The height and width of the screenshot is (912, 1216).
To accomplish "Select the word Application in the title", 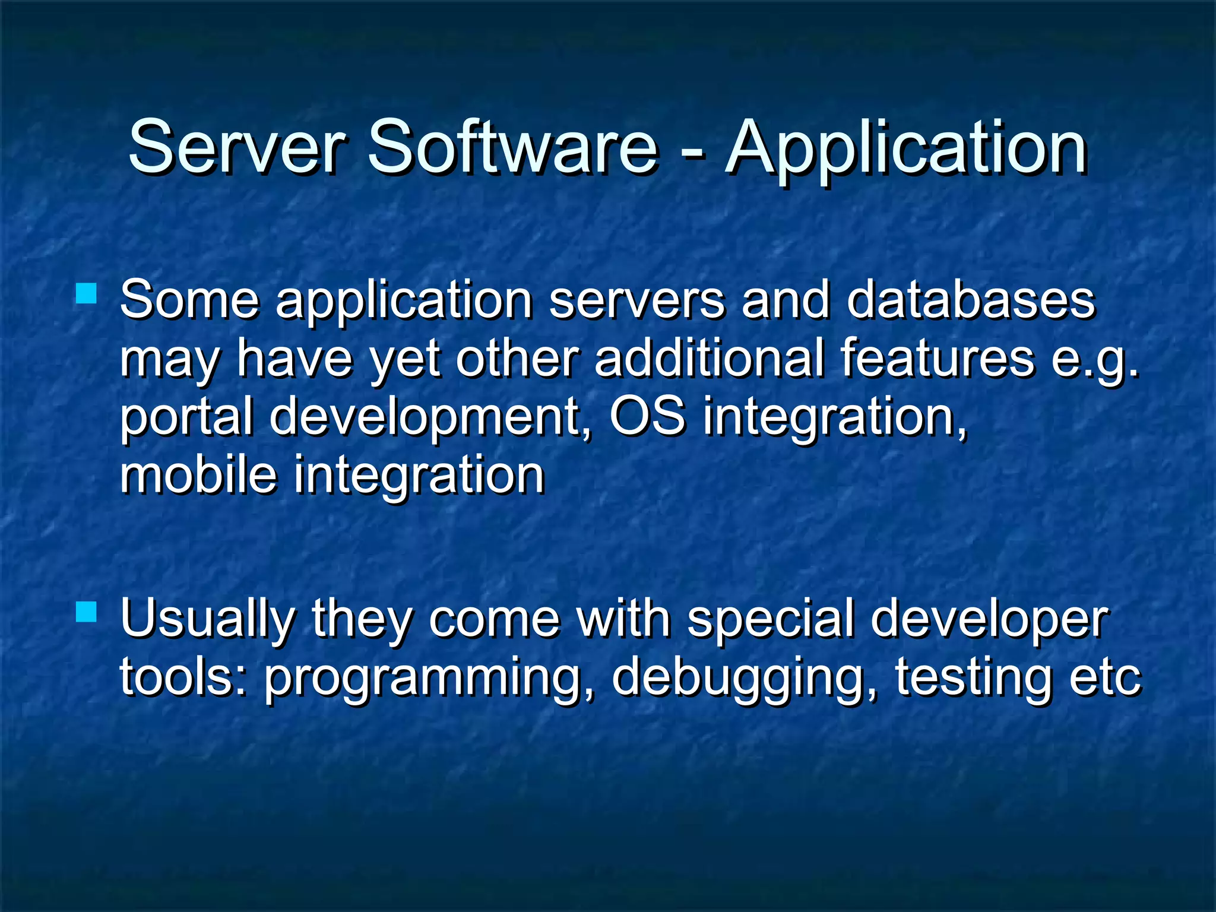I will point(906,148).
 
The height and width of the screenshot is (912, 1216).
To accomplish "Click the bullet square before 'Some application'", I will point(87,293).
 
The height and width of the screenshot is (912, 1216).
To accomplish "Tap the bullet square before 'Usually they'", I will point(87,612).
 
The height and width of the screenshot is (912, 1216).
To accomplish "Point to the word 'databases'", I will point(970,299).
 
